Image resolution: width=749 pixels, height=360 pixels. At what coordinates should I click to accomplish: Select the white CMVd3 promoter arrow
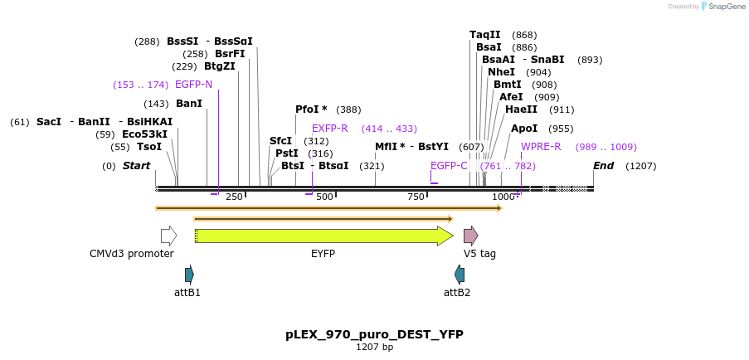tap(168, 236)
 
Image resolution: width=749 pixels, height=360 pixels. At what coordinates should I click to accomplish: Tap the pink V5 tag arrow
tap(470, 236)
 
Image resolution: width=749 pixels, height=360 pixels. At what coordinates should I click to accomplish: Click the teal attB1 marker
tap(189, 275)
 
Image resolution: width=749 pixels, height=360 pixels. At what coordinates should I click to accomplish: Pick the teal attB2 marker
tap(460, 275)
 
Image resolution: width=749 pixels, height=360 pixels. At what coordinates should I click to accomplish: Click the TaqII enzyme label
tap(485, 35)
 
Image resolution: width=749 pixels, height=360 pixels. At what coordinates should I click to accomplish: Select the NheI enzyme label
tap(501, 72)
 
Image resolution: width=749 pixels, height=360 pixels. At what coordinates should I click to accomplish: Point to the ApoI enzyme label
tap(524, 129)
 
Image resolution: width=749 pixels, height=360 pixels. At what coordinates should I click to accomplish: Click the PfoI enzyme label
tap(311, 109)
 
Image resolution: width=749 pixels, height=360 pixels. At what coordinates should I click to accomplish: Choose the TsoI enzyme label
tap(149, 147)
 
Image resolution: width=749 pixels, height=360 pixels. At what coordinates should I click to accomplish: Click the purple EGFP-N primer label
tap(193, 85)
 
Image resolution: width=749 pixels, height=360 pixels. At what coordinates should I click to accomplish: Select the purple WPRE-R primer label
tap(541, 147)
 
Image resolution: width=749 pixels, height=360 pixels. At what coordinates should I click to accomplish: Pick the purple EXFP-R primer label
tap(330, 129)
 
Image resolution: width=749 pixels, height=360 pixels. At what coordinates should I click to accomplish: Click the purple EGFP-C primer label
tap(449, 166)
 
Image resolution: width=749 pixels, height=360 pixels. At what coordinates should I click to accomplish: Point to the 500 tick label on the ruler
tap(324, 197)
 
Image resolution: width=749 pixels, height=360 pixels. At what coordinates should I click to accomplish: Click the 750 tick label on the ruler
tap(416, 197)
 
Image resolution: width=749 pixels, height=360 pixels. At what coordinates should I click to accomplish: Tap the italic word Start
tap(137, 166)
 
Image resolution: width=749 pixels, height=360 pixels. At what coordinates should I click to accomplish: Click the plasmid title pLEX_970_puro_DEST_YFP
tap(374, 334)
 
